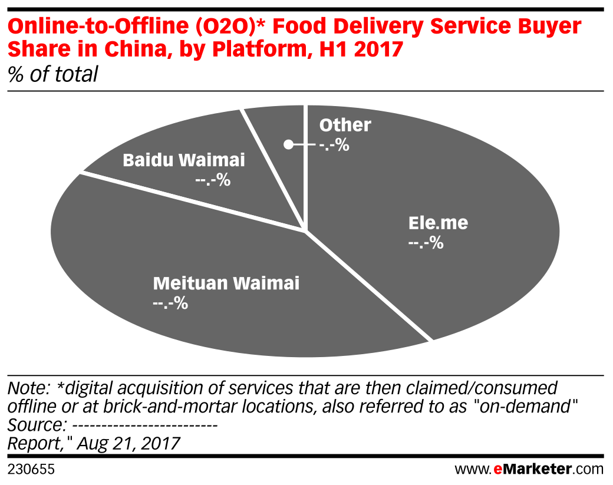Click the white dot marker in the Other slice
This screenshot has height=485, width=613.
tap(288, 144)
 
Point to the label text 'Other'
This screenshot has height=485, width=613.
tap(345, 126)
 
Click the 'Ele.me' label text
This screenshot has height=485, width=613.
tap(438, 223)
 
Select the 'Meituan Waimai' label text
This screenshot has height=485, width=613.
tap(226, 283)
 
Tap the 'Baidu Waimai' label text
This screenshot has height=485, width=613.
tap(183, 160)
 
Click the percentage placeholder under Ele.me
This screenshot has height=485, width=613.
tap(426, 243)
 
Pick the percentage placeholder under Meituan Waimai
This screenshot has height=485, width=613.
tap(170, 303)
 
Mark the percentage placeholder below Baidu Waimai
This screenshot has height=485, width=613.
tap(212, 180)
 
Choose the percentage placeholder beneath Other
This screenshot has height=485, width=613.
tap(334, 145)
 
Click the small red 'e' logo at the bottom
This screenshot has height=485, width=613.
tap(497, 470)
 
